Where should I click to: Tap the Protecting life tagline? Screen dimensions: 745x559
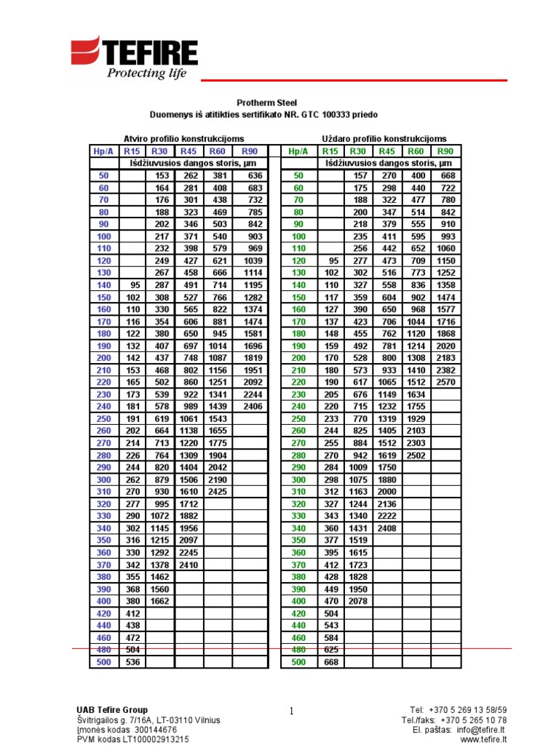point(147,73)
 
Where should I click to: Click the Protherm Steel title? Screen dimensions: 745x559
point(267,103)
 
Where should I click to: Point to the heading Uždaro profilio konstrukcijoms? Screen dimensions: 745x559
point(384,138)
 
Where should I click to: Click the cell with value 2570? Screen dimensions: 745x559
point(446,381)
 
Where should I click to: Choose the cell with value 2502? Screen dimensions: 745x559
point(416,455)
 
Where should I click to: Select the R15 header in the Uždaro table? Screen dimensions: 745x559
point(330,151)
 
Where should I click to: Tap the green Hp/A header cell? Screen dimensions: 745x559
point(298,151)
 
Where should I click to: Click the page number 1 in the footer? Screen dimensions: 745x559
point(290,712)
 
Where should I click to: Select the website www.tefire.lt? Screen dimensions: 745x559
point(484,739)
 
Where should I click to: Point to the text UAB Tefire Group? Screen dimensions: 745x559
point(112,710)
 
